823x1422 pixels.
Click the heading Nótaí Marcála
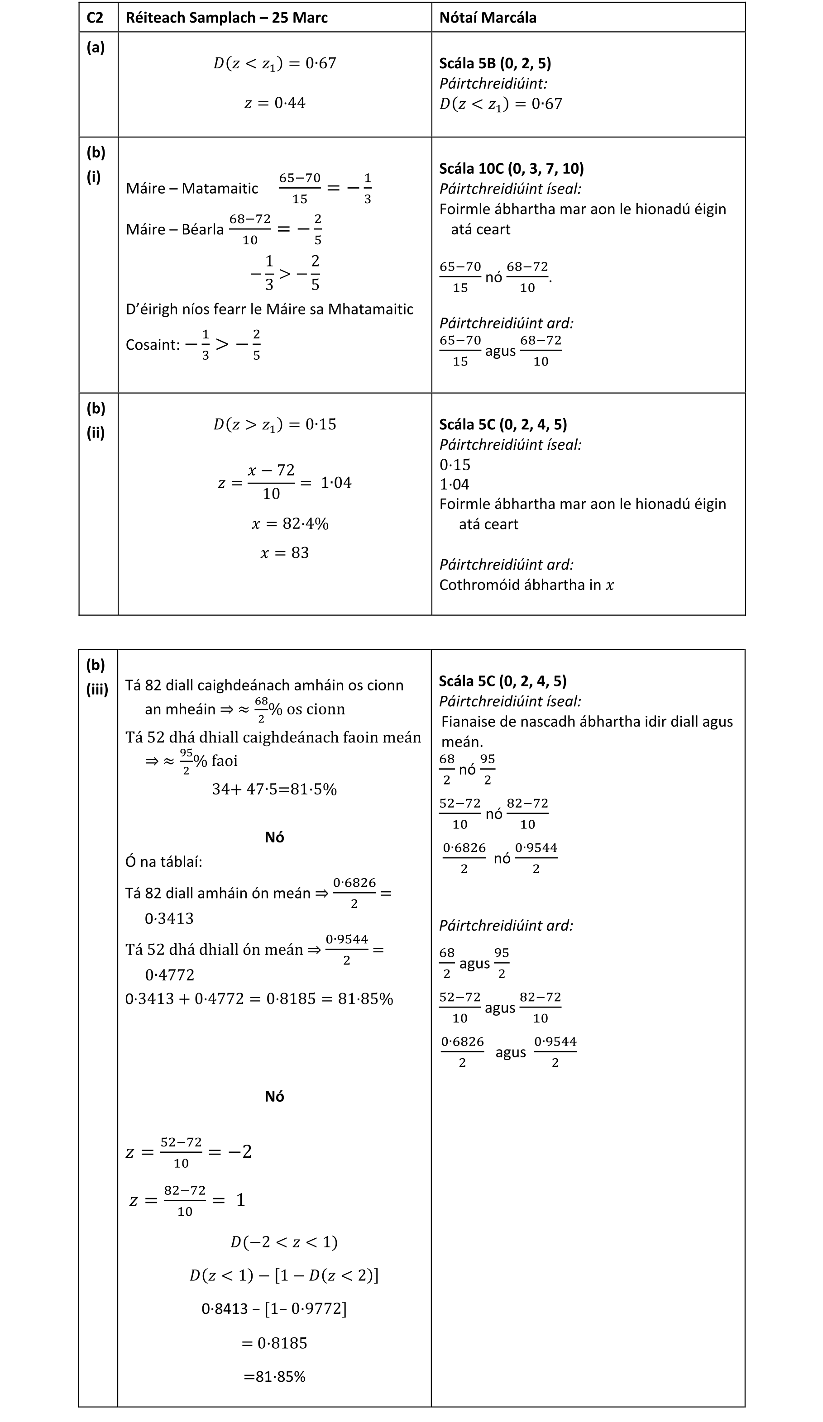pos(488,18)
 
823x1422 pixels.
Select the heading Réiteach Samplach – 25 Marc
pos(226,18)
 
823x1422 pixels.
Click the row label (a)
pos(96,48)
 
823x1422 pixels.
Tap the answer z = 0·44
pos(274,103)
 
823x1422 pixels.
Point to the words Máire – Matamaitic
pos(192,189)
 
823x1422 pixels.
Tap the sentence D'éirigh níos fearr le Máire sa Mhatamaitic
pos(269,309)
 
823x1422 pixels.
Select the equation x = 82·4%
pos(290,523)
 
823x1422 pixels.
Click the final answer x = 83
pos(284,552)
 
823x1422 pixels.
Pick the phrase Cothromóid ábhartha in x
pos(526,585)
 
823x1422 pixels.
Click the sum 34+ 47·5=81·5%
pos(274,789)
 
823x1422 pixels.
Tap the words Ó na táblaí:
pos(164,862)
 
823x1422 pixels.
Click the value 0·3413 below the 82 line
pos(169,918)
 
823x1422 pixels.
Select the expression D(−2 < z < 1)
pos(284,1242)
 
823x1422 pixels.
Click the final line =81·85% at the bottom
pos(274,1377)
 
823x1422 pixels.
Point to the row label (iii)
pos(97,690)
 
